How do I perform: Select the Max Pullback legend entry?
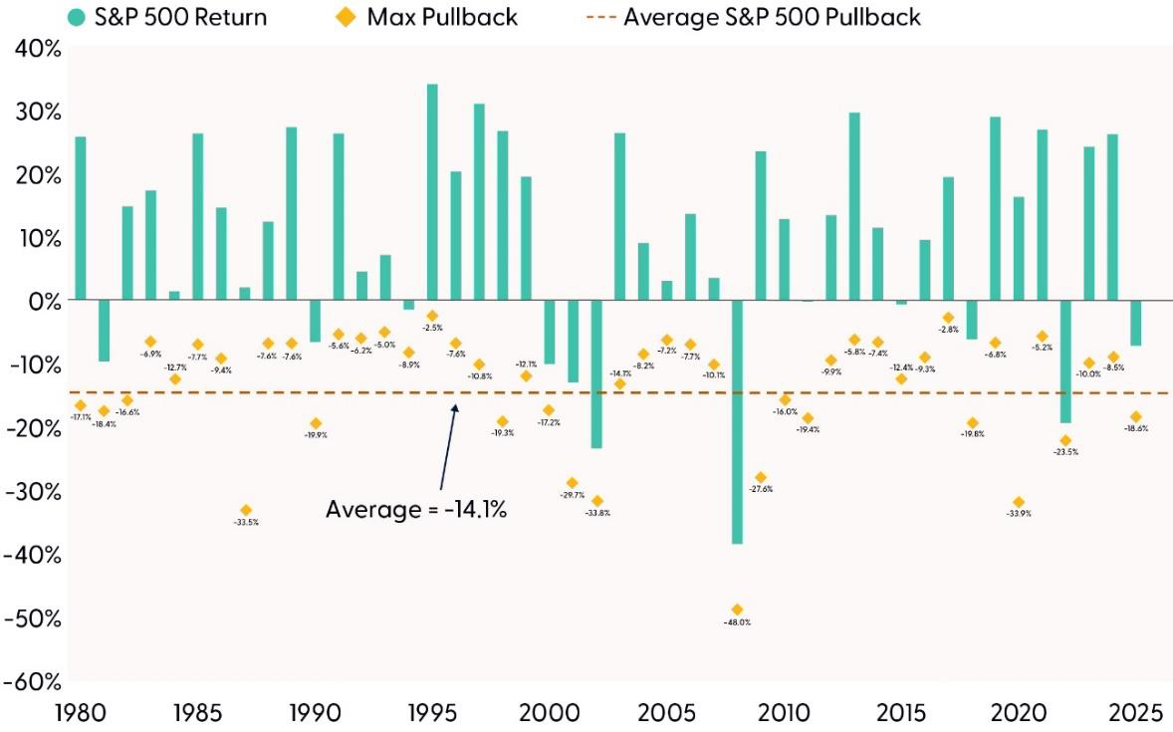(x=439, y=17)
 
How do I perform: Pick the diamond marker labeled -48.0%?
(x=737, y=610)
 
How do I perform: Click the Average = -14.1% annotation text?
(x=416, y=510)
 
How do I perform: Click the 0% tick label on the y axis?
(x=42, y=301)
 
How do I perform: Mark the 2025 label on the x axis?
(x=1135, y=713)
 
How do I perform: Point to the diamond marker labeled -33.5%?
(x=246, y=510)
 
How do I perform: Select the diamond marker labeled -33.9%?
(x=1018, y=503)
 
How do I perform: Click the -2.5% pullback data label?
(x=432, y=328)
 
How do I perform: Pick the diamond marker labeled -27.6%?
(x=761, y=478)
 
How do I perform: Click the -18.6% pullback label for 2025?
(x=1135, y=428)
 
